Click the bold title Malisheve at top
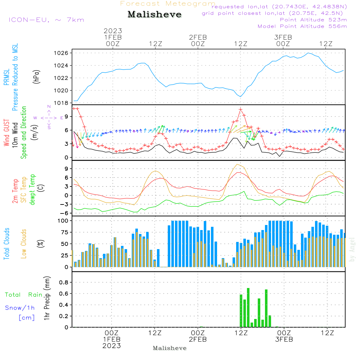154,14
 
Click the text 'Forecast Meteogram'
168,4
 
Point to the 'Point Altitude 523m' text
313,20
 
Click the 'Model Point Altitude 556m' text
302,26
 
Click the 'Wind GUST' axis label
7,133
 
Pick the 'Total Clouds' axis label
7,244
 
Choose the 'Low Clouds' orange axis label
24,244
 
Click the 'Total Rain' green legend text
24,295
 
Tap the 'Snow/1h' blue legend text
20,308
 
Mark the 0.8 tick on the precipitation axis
64,283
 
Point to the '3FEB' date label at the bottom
284,339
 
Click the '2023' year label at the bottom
112,346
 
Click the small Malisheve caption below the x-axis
170,348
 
